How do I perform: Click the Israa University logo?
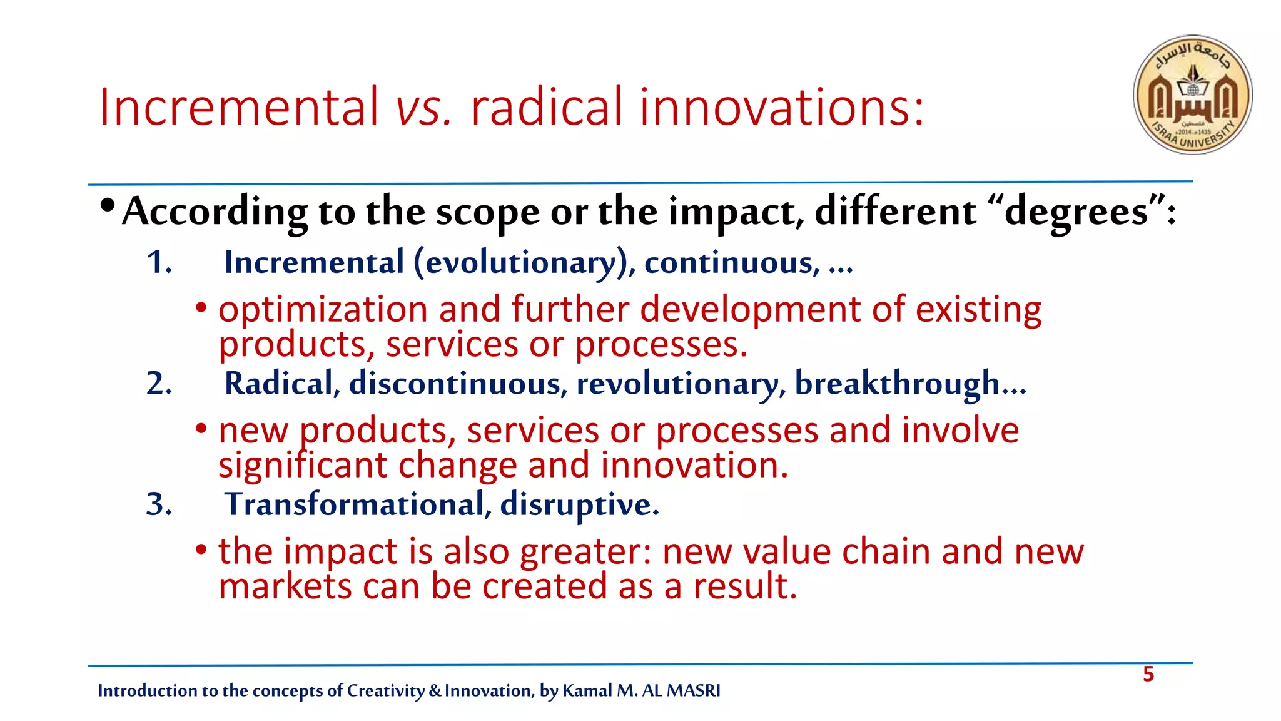pyautogui.click(x=1193, y=95)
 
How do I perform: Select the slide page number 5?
pyautogui.click(x=1148, y=674)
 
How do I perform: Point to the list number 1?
pyautogui.click(x=159, y=262)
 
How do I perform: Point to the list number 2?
pyautogui.click(x=159, y=383)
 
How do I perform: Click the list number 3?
pyautogui.click(x=159, y=504)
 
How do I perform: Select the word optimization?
pyautogui.click(x=323, y=310)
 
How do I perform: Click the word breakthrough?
pyautogui.click(x=897, y=384)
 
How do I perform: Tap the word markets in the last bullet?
pyautogui.click(x=285, y=587)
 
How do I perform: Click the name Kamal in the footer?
pyautogui.click(x=587, y=691)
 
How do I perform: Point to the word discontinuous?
pyautogui.click(x=455, y=384)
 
